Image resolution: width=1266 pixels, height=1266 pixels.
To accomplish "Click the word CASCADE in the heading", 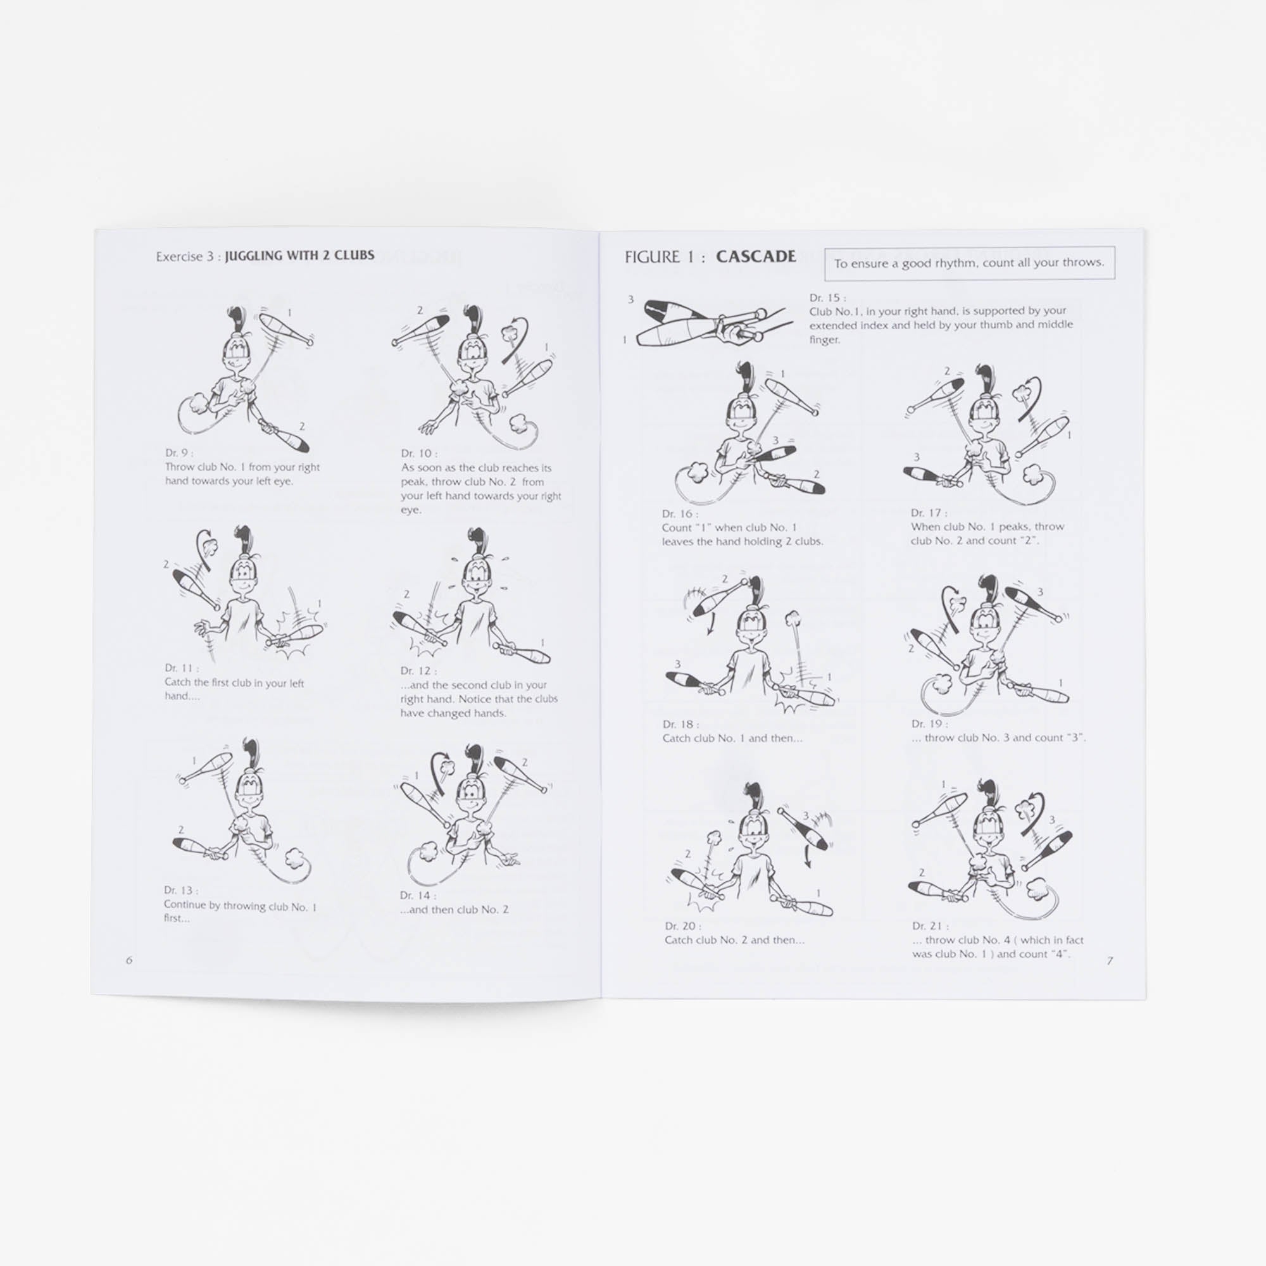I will click(756, 256).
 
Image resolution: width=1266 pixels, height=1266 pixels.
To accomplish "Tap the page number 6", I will click(129, 960).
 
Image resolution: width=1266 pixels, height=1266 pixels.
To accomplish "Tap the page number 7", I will click(1110, 961).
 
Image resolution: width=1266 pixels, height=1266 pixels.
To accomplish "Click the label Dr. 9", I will click(179, 453).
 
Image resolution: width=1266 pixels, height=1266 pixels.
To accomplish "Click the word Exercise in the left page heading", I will click(179, 257).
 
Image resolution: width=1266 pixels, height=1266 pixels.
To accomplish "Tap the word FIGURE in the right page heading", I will click(652, 257).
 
